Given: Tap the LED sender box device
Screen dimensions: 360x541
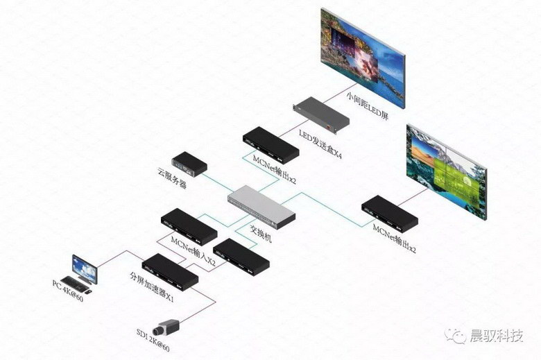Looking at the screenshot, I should coord(320,116).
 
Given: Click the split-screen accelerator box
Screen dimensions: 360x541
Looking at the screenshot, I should coord(169,270).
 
